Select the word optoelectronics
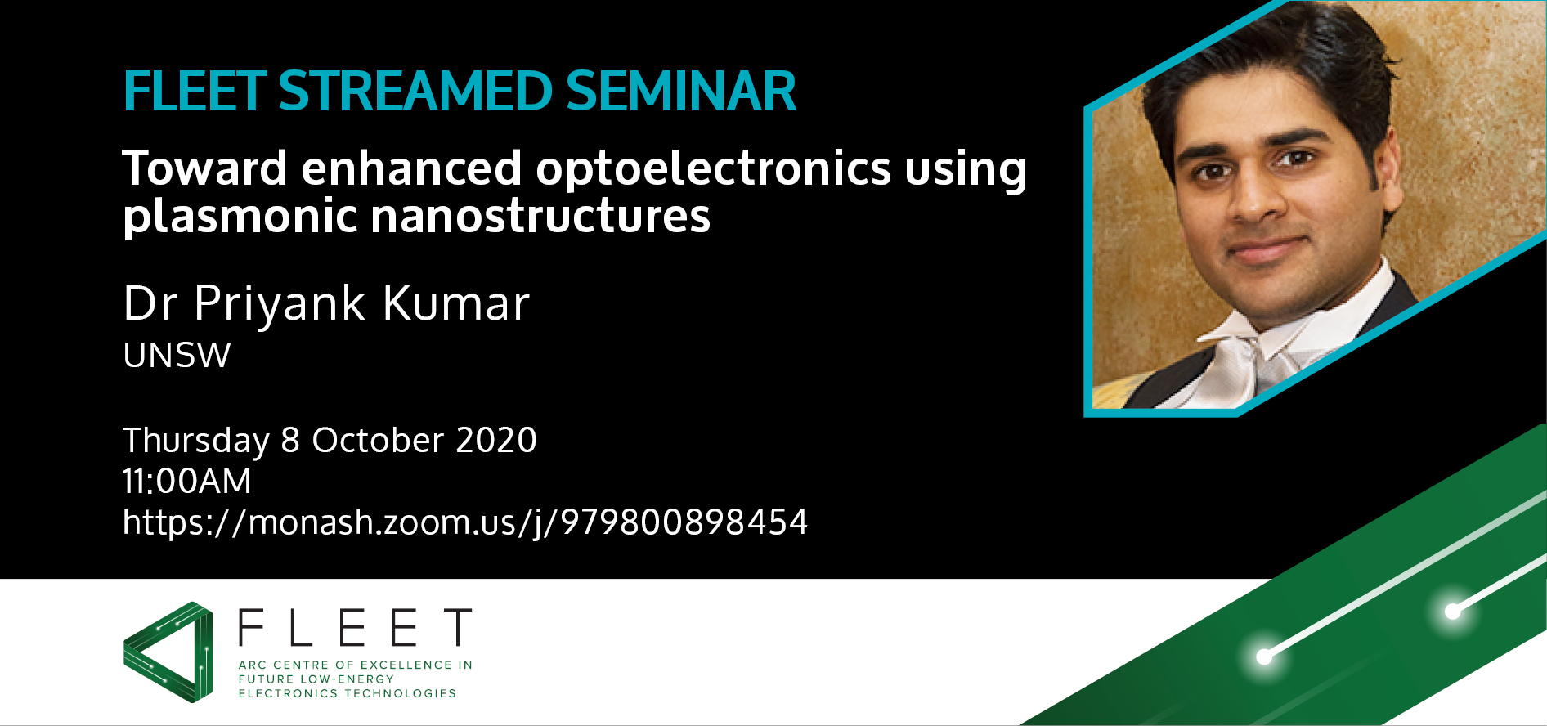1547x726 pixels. coord(713,169)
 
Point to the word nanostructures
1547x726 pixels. coord(540,216)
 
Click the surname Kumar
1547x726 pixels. coord(456,303)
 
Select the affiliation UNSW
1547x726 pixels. coord(177,356)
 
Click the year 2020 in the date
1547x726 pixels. coord(495,440)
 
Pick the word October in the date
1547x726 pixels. coord(378,440)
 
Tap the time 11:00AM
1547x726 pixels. coord(186,481)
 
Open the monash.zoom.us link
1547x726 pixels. coord(464,522)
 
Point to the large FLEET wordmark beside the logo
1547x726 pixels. coord(355,628)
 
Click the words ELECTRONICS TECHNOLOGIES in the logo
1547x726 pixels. coord(347,693)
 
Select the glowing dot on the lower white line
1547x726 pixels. coord(1264,656)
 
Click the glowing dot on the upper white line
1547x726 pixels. coord(1453,611)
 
